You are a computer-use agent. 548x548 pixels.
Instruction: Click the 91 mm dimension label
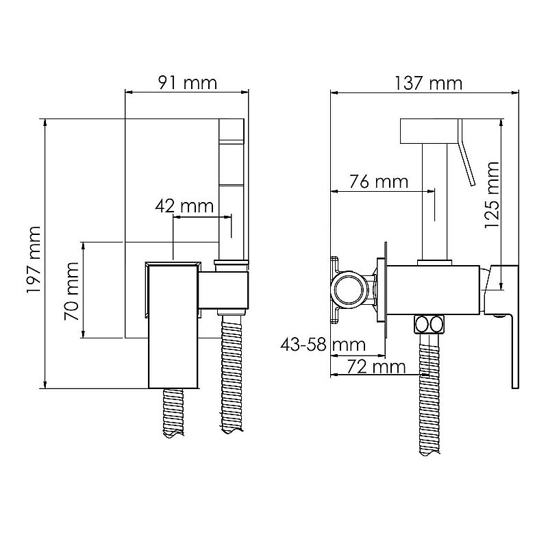[188, 83]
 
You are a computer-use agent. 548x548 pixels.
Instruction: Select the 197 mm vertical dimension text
[34, 260]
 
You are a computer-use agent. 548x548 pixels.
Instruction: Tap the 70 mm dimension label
[72, 291]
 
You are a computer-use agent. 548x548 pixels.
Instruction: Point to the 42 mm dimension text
[184, 206]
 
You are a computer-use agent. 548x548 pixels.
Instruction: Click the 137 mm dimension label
[428, 83]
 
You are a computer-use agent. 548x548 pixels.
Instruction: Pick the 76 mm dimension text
[379, 182]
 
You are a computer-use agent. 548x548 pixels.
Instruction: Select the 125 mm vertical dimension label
[492, 195]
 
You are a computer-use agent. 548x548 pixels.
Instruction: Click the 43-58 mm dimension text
[323, 345]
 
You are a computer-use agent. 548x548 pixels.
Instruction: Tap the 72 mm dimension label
[376, 367]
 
